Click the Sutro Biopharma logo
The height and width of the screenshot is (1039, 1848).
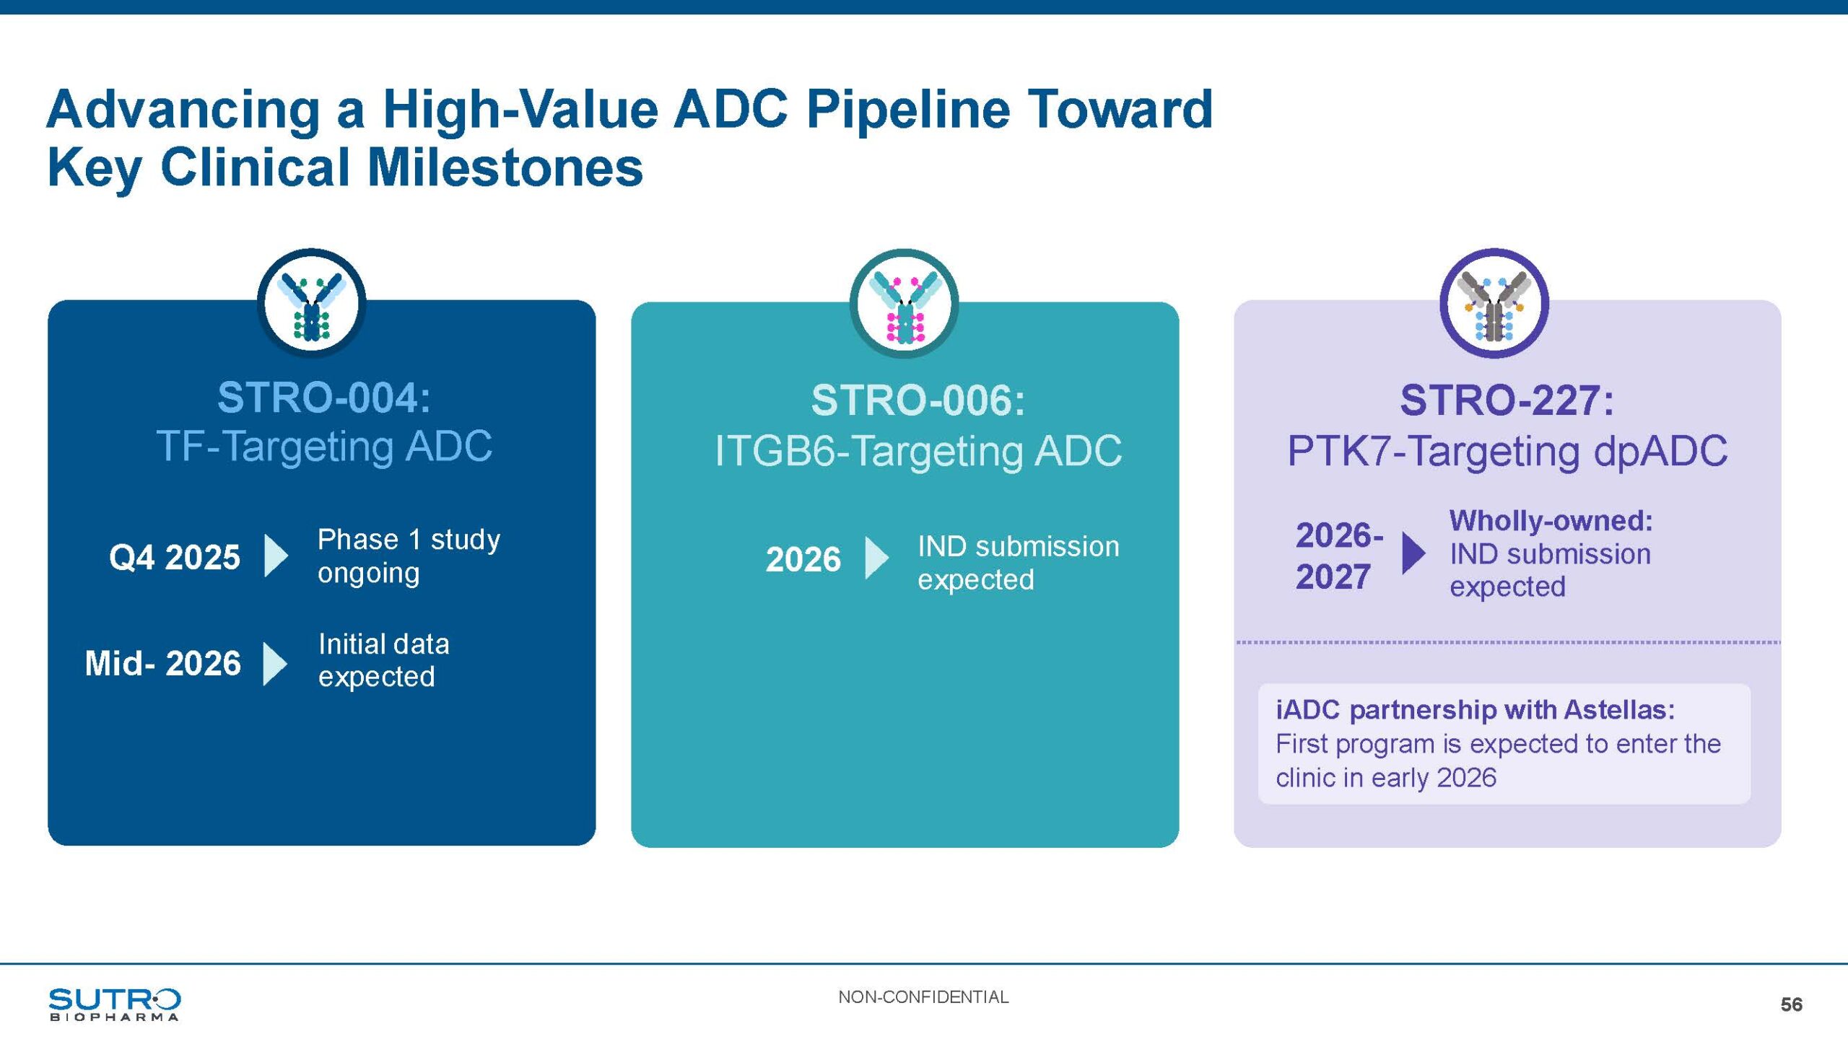coord(114,1004)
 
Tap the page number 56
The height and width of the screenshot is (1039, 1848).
coord(1791,1004)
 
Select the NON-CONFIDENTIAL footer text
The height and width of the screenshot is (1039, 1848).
coord(923,997)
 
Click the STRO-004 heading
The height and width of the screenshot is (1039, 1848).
coord(324,398)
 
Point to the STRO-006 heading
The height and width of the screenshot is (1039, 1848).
coord(918,400)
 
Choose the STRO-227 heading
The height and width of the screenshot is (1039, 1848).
coord(1507,400)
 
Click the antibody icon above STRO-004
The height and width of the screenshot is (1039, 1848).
coord(312,304)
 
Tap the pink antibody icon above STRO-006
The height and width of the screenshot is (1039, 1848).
coord(905,304)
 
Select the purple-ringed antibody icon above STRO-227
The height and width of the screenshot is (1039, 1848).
coord(1494,304)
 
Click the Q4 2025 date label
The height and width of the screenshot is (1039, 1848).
coord(174,557)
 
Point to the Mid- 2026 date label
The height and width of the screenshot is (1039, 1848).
coord(162,663)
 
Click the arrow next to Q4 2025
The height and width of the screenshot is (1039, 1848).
coord(276,556)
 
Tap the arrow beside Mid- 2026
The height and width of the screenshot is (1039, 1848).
coord(275,663)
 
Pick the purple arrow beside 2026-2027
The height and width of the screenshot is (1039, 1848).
coord(1413,553)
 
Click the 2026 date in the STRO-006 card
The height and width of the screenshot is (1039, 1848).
coord(803,559)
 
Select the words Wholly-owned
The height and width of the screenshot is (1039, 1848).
coord(1551,521)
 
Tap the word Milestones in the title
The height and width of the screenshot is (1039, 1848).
coord(505,167)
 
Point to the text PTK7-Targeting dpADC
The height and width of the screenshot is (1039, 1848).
coord(1507,451)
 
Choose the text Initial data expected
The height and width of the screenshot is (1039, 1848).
coord(383,660)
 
